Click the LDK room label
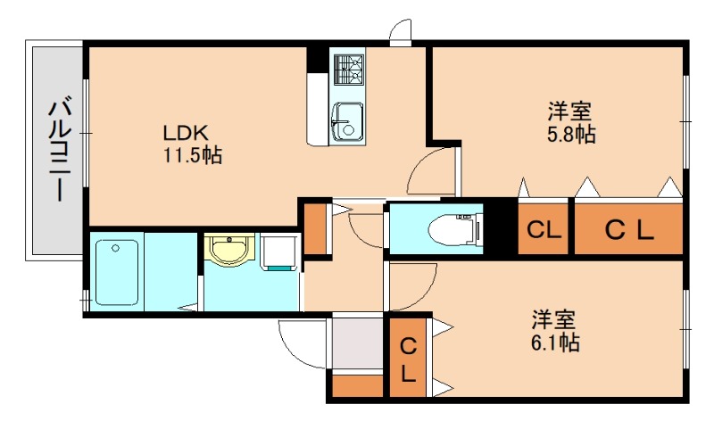coord(185,133)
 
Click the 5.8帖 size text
coord(570,135)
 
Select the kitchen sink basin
coord(346,120)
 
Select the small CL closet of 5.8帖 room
coord(543,230)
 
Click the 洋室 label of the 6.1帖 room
coord(554,319)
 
